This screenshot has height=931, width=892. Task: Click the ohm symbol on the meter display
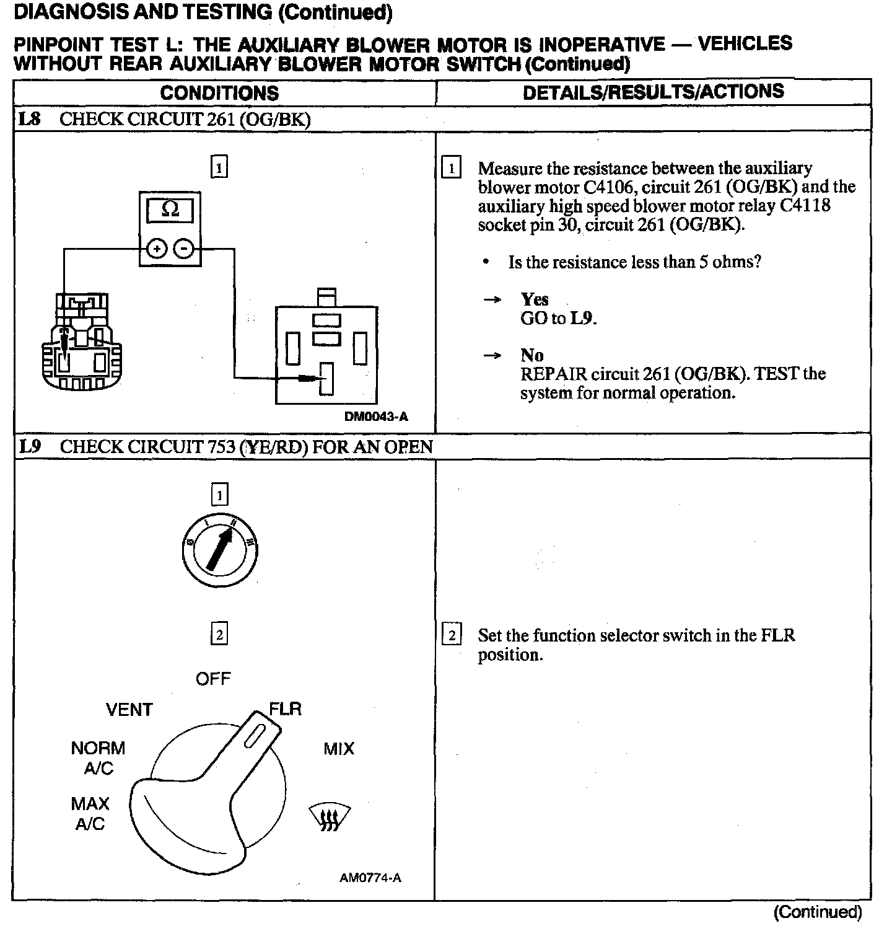pyautogui.click(x=170, y=210)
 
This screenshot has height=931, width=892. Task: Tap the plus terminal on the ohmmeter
pyautogui.click(x=156, y=249)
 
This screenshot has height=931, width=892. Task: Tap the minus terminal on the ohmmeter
pyautogui.click(x=184, y=249)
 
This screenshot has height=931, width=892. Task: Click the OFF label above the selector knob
pyautogui.click(x=213, y=679)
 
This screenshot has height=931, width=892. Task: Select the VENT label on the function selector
pyautogui.click(x=129, y=710)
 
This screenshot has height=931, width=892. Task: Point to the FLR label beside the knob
pyautogui.click(x=286, y=709)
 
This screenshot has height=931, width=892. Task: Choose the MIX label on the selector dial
pyautogui.click(x=339, y=749)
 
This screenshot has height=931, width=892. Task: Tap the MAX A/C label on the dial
pyautogui.click(x=90, y=814)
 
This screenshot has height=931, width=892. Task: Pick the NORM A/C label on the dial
pyautogui.click(x=98, y=758)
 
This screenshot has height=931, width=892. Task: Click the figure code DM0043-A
pyautogui.click(x=376, y=417)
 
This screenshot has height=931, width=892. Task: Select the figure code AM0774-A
pyautogui.click(x=370, y=878)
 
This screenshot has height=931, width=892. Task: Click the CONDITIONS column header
pyautogui.click(x=219, y=93)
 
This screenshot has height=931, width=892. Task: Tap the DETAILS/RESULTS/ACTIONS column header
pyautogui.click(x=654, y=92)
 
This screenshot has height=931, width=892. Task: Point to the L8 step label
pyautogui.click(x=29, y=119)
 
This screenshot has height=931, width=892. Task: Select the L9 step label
pyautogui.click(x=30, y=446)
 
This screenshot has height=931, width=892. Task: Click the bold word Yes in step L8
pyautogui.click(x=535, y=299)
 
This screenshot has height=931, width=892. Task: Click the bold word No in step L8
pyautogui.click(x=532, y=355)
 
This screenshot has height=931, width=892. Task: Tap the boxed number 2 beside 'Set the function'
pyautogui.click(x=452, y=636)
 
